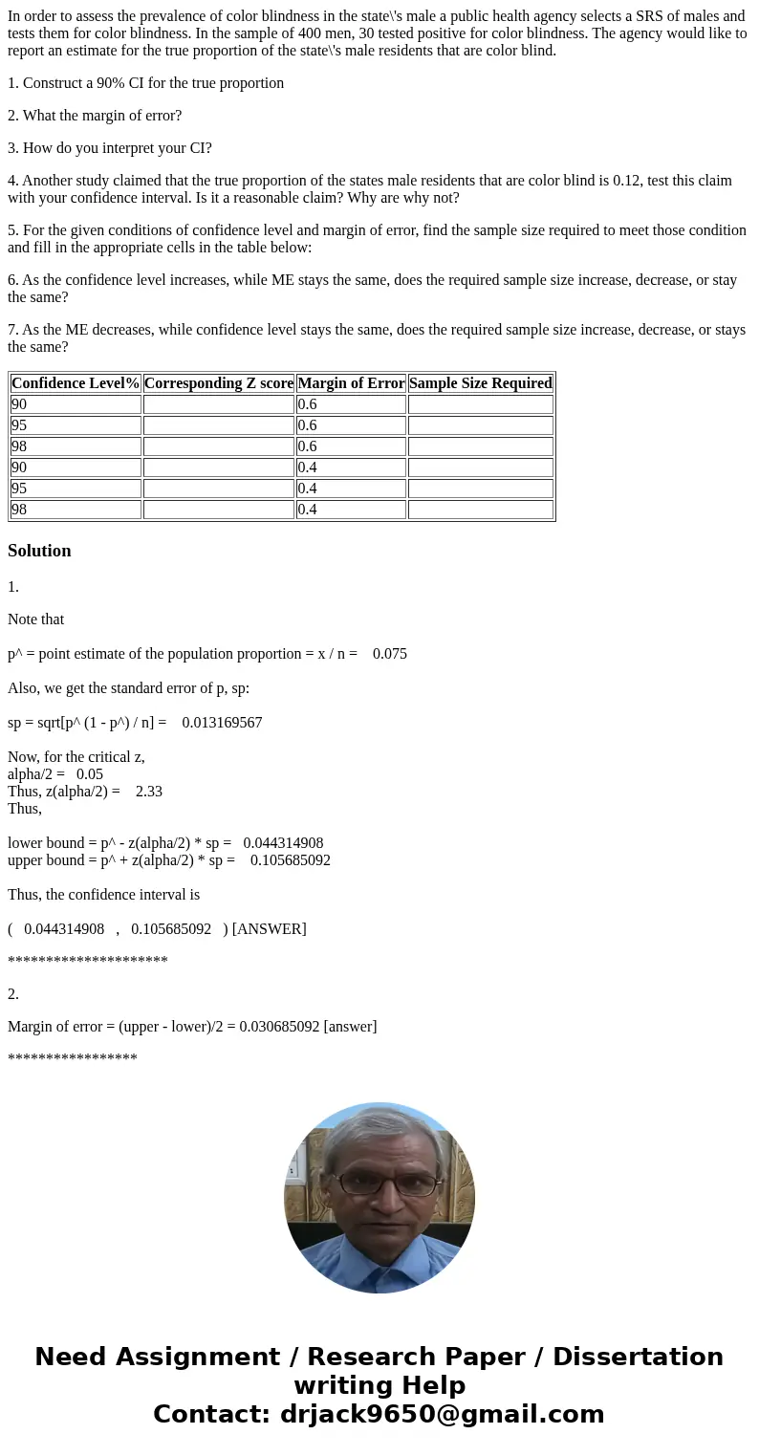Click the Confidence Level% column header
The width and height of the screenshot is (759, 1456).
pos(76,383)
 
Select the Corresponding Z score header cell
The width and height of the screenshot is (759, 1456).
pos(219,383)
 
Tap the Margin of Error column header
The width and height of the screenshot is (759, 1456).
pos(351,383)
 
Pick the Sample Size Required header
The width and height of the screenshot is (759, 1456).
pos(480,383)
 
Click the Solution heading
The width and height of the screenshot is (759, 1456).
pos(39,551)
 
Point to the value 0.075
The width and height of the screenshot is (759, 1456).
pos(390,654)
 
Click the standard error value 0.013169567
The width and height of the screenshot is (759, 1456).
pos(222,723)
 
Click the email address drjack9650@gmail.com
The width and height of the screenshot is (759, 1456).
pos(443,1415)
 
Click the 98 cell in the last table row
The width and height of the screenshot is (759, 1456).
pos(19,510)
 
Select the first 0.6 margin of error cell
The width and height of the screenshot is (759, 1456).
pos(307,404)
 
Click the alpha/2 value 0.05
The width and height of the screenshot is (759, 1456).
pos(90,774)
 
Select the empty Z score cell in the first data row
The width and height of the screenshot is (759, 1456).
pos(218,404)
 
